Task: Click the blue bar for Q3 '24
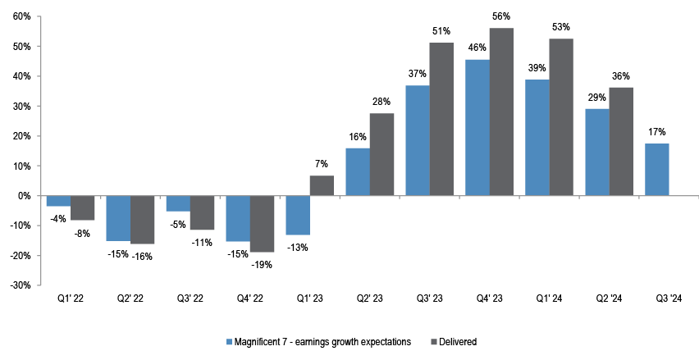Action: (656, 170)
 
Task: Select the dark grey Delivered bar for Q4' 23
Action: (501, 112)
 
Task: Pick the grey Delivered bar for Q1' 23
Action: (322, 185)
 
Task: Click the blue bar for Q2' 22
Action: (118, 218)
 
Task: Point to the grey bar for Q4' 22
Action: (262, 224)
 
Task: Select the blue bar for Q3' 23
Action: (418, 140)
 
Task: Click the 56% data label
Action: (501, 16)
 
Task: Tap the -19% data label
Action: (262, 264)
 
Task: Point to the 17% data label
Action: (656, 132)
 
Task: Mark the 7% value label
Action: (322, 164)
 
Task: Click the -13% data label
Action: (298, 247)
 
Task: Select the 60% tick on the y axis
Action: (21, 16)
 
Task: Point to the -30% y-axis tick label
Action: (20, 285)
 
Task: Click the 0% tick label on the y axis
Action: (24, 196)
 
